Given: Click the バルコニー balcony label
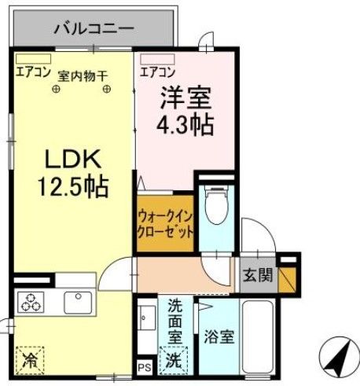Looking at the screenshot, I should pyautogui.click(x=94, y=29).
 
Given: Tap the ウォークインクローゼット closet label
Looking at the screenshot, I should pyautogui.click(x=164, y=223).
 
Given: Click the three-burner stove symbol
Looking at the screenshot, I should pyautogui.click(x=32, y=301).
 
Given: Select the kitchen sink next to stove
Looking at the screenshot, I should pyautogui.click(x=77, y=300).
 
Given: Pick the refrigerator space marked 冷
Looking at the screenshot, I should pyautogui.click(x=31, y=360).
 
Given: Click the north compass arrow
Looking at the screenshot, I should pyautogui.click(x=338, y=358).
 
